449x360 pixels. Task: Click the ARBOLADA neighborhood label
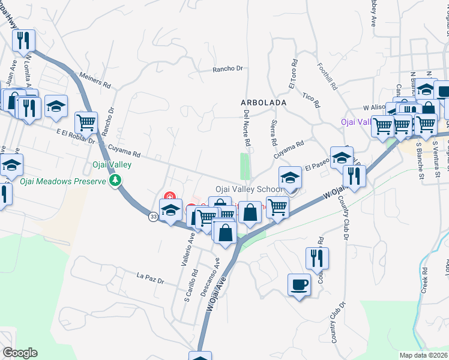(264, 103)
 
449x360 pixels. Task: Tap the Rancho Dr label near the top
(228, 69)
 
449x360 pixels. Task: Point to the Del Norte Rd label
(247, 129)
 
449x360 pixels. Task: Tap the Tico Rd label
(309, 97)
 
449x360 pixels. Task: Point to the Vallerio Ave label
(185, 250)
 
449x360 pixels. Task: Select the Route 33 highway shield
(154, 217)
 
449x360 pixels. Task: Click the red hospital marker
(169, 196)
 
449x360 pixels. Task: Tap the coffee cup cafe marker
(299, 284)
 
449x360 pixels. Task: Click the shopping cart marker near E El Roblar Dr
(86, 123)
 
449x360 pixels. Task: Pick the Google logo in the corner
(19, 353)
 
